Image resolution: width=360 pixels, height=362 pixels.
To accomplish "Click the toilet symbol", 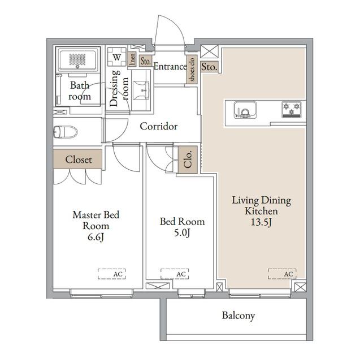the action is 66,132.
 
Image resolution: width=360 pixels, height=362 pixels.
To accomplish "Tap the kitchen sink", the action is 245,110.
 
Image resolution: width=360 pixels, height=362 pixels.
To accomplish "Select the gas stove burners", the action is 292,109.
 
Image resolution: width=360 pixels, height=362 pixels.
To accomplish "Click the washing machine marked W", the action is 117,57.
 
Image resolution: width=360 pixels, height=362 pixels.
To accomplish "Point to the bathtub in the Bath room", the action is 77,60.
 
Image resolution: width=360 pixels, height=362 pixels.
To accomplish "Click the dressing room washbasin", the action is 141,90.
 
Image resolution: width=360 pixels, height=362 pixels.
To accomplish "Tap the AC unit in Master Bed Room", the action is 112,274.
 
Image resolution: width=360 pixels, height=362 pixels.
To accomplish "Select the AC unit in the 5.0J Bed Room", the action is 175,274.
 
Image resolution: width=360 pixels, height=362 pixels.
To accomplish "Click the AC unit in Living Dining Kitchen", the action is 282,274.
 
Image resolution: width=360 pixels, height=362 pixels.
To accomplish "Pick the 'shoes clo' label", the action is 192,70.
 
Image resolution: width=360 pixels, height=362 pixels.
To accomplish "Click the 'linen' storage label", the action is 132,59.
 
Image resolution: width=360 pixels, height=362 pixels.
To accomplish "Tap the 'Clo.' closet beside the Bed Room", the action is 188,160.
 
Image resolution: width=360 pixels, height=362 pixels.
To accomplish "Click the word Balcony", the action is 238,316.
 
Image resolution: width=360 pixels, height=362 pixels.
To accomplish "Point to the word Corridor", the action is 159,126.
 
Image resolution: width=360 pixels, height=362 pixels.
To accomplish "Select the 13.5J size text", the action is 261,222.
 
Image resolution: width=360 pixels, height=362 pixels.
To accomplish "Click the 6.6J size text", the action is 96,236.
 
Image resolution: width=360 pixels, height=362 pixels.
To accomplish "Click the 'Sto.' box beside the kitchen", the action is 209,67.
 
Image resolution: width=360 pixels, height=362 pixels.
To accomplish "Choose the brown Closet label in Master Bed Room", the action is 78,159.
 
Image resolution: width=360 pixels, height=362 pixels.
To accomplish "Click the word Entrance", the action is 170,67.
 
